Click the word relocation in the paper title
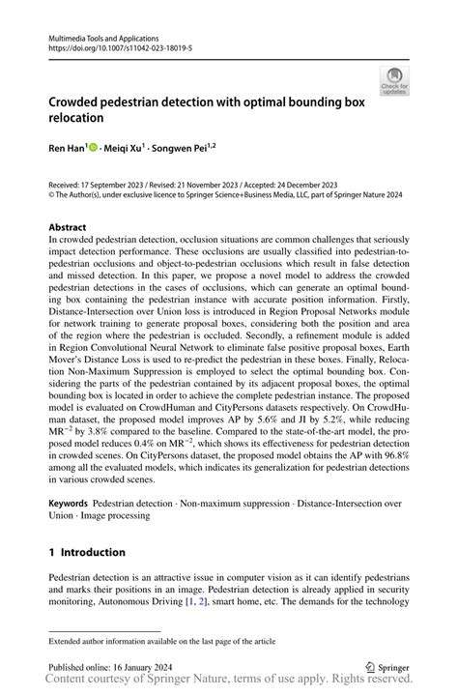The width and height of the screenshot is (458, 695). coord(84,118)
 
